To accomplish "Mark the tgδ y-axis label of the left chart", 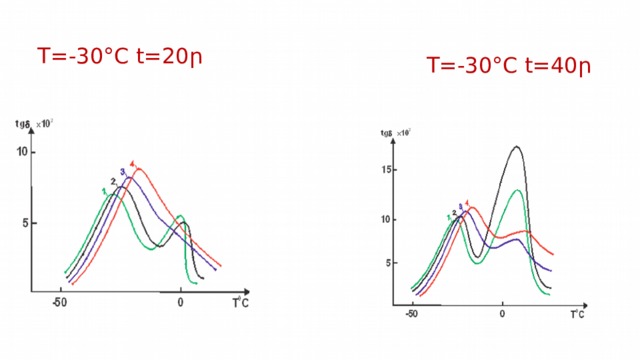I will coord(24,123).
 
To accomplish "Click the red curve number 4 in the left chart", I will coord(132,163).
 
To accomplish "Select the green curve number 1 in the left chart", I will coord(104,190).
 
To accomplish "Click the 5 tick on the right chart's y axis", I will coord(391,265).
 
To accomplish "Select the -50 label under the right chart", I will coord(411,313).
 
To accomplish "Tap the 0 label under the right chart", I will coord(502,313).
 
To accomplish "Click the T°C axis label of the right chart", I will coord(577,313).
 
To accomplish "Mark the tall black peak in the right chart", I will coord(516,147).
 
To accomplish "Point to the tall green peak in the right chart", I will coord(517,190).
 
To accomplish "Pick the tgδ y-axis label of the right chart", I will coord(387,133).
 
